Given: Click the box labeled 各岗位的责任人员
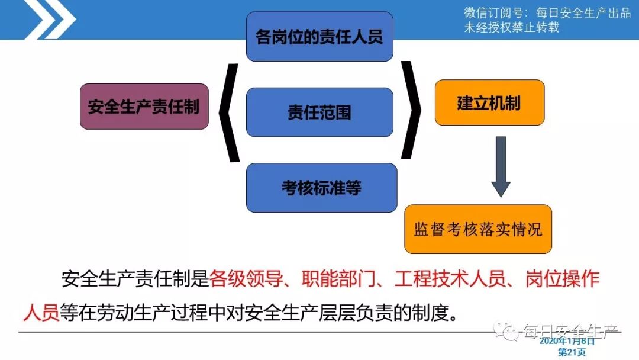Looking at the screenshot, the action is coord(319,36).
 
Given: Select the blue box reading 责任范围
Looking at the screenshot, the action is coord(319,112).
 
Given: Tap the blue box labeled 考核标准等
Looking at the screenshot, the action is coord(321,188).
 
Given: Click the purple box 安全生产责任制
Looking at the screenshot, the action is coord(144,107).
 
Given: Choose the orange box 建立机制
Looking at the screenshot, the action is coord(489,102).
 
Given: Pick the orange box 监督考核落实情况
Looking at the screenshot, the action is coord(477,229).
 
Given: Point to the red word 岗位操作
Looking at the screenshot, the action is coord(562,278).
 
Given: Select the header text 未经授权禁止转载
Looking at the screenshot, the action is coord(511,27).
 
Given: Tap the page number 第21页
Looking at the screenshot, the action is coord(572,352).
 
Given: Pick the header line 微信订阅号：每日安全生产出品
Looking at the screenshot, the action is coord(547,13).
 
